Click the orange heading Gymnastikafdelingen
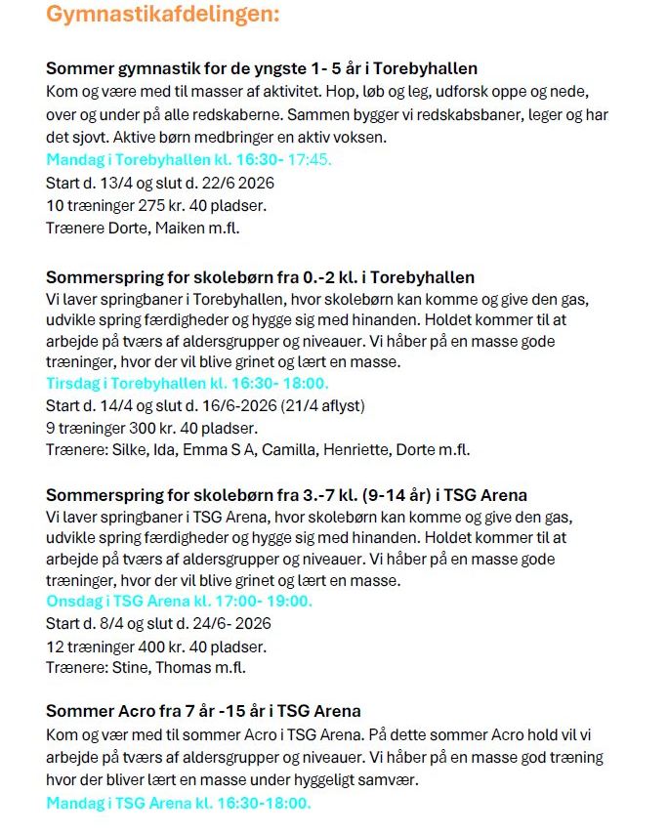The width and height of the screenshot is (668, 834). pos(162,15)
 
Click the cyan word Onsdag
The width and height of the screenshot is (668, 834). pos(75,601)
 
